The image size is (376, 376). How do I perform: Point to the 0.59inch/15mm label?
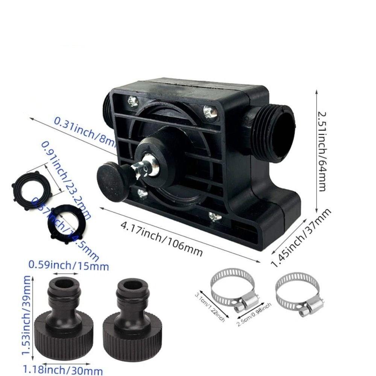[x=69, y=266]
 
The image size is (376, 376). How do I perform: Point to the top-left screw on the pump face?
[x=133, y=100]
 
